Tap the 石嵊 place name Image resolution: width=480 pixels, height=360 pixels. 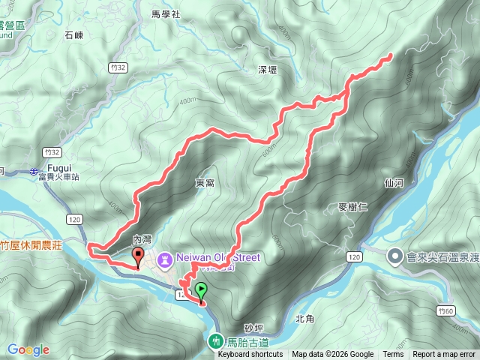click(x=73, y=34)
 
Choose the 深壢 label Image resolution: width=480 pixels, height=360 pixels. click(x=268, y=70)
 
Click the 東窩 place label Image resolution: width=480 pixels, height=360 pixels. click(x=205, y=182)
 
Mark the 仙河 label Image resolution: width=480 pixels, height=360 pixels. click(x=393, y=182)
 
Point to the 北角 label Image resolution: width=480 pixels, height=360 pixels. click(x=304, y=319)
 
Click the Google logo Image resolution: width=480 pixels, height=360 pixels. click(x=28, y=349)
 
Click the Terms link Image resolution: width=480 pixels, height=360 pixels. click(x=393, y=355)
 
